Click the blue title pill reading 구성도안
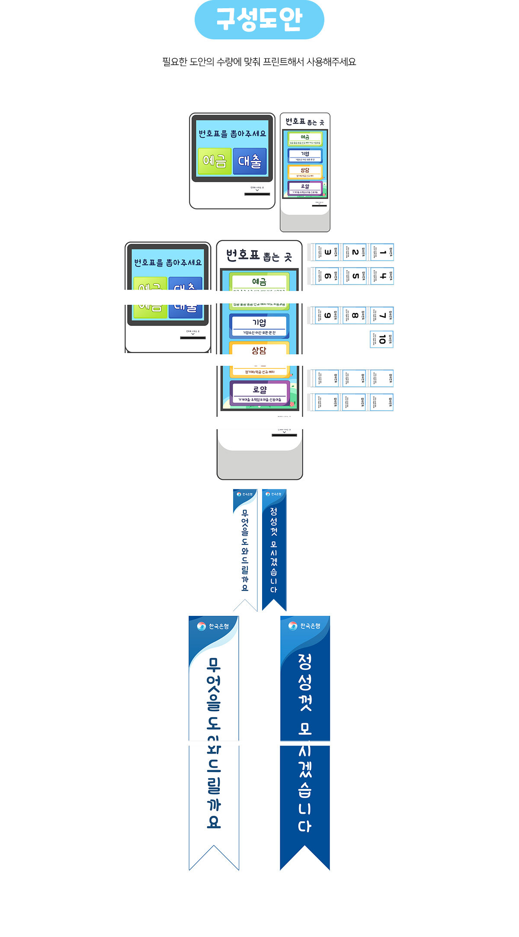259,20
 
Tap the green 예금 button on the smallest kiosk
215,161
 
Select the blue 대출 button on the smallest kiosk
250,161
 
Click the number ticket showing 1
382,252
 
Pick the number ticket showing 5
355,276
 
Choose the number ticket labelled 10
381,340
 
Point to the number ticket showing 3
327,252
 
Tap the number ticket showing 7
382,316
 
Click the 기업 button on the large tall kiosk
259,326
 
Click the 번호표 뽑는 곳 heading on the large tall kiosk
259,255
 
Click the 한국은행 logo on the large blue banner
304,626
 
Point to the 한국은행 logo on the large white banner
213,626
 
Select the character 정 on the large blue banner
304,661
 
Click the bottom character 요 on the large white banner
214,821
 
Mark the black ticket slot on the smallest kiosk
257,194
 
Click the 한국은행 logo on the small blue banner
274,494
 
